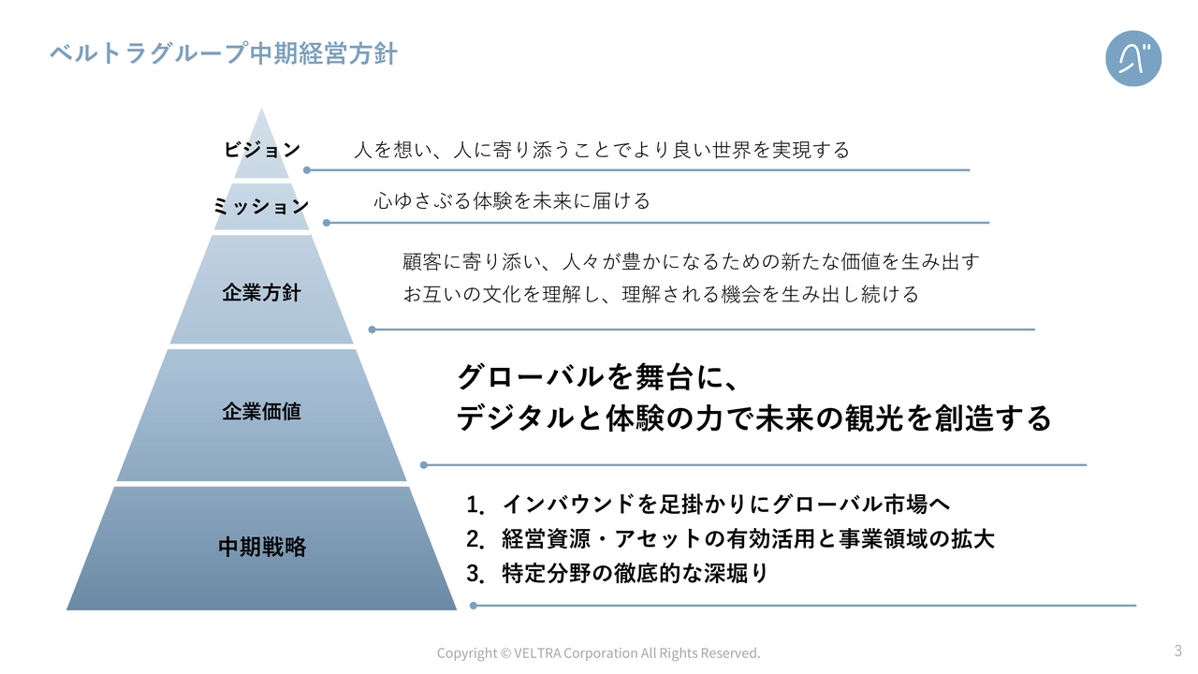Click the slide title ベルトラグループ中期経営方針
point(224,54)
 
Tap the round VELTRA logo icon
point(1133,58)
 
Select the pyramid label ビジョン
point(261,149)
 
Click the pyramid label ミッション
point(261,206)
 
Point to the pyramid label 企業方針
point(261,293)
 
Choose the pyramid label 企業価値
point(261,411)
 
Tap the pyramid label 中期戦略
point(262,547)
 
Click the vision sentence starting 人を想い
point(602,150)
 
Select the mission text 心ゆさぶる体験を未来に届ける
point(512,201)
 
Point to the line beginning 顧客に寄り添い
point(691,261)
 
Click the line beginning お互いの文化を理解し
point(661,294)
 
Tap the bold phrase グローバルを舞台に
point(598,376)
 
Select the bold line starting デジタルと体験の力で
point(754,418)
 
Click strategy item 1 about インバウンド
point(709,504)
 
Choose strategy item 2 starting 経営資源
point(730,538)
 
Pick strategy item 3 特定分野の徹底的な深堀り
point(617,574)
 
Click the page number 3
point(1178,651)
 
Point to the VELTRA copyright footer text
point(598,653)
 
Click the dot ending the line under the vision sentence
point(307,170)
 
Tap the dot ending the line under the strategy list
point(474,606)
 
